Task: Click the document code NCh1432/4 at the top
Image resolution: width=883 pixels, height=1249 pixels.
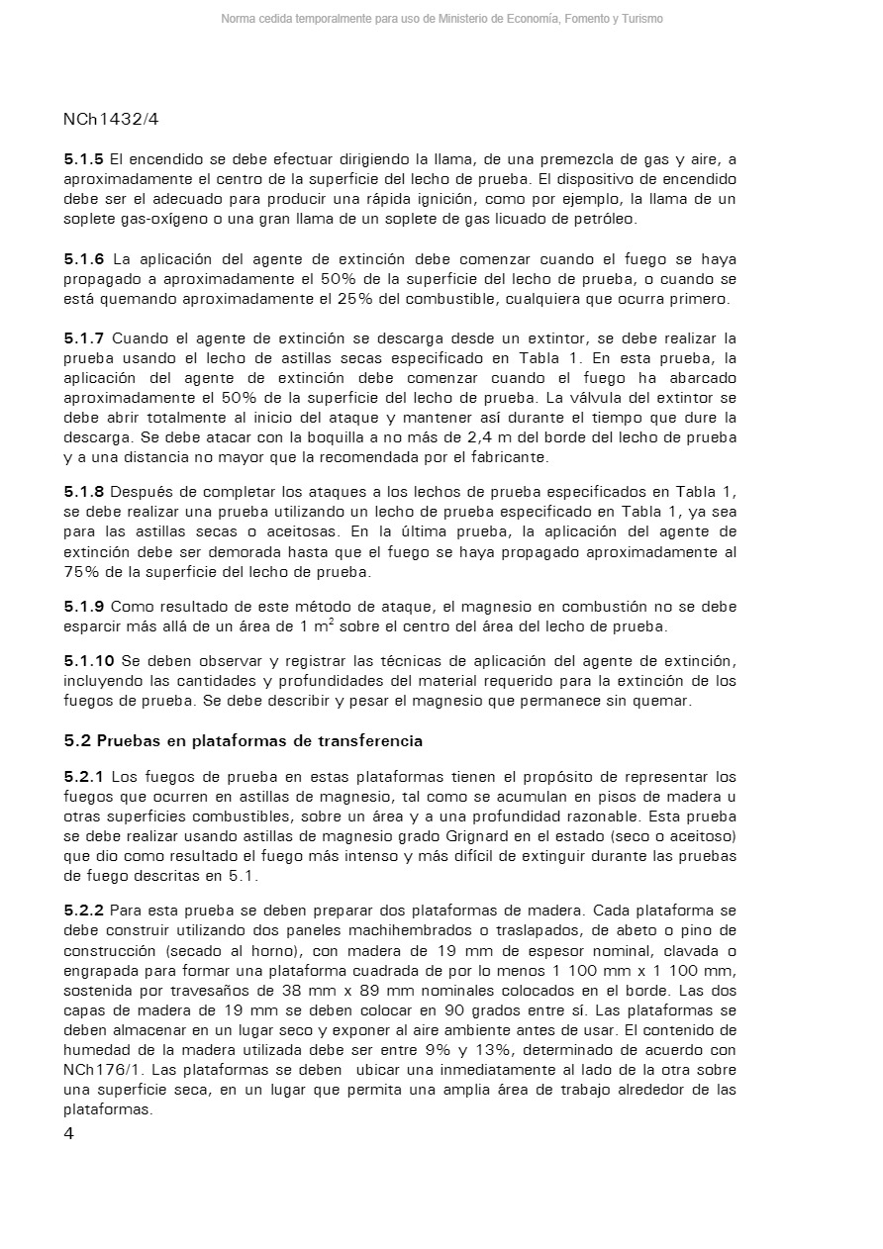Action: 111,120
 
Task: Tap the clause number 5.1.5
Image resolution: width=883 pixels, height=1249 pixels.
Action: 84,159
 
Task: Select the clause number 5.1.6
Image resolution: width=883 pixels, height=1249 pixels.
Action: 84,259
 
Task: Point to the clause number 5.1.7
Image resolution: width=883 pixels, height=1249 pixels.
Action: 84,338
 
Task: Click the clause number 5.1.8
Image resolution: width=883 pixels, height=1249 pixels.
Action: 84,492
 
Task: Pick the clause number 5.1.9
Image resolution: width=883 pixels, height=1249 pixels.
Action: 84,606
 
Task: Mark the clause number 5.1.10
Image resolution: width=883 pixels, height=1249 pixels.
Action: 88,661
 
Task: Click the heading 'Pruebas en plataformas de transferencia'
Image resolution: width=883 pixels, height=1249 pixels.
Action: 259,740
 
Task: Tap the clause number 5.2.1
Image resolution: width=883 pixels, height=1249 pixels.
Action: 84,777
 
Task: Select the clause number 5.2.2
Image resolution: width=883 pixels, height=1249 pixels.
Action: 84,911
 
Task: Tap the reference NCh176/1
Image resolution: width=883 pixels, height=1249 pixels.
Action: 100,1070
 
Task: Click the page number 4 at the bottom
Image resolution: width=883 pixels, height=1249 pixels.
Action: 68,1134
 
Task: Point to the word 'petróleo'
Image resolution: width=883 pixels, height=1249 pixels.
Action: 604,219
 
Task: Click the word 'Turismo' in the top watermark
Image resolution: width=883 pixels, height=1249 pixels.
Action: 642,19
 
